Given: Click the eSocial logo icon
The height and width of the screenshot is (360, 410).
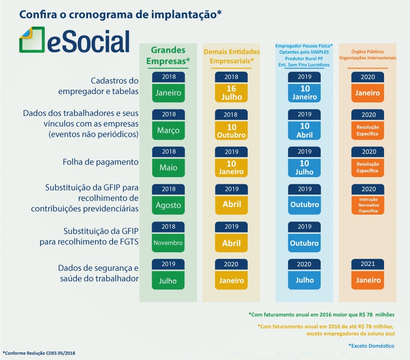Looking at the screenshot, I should point(32,40).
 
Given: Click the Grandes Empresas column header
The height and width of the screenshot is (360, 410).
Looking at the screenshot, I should point(168,55).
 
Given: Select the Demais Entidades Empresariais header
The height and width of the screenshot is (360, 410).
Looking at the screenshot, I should point(231,56).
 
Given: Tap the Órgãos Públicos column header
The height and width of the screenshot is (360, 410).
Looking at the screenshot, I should point(368,55).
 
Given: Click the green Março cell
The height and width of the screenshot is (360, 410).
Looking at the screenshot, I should point(168,130).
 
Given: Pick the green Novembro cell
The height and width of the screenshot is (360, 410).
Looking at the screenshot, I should point(168,243).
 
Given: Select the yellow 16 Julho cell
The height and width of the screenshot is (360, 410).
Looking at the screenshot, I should point(231,93).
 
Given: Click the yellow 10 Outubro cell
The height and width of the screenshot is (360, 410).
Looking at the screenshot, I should point(231,131).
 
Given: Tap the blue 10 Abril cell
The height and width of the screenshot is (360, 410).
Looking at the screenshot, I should point(304,131).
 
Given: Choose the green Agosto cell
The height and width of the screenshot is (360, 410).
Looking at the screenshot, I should point(168,205).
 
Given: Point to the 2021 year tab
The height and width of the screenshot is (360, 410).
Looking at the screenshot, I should point(368,264).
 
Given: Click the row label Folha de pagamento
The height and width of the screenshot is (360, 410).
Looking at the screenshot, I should point(100,162).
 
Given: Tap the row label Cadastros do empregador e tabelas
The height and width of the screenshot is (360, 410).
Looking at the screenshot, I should point(98,86).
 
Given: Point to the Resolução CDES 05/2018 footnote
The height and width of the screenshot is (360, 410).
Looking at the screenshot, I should point(42,353).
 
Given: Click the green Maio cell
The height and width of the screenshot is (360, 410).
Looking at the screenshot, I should point(168,168).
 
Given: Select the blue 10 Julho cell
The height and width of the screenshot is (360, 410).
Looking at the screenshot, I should point(304,167).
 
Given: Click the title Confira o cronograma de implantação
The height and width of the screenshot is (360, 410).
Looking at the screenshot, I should point(120,15).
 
